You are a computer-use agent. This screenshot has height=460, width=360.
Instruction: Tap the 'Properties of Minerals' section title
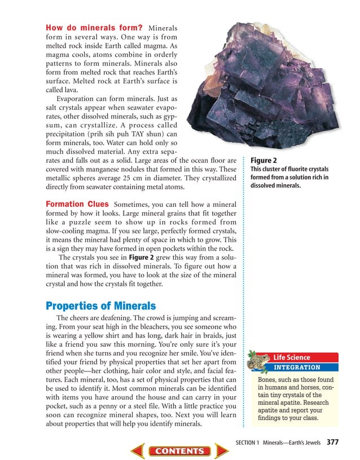tap(100, 306)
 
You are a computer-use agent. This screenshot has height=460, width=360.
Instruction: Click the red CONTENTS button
tap(179, 451)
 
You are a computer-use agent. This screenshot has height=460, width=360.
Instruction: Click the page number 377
tap(332, 442)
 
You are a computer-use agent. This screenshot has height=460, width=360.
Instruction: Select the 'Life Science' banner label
tap(292, 357)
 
